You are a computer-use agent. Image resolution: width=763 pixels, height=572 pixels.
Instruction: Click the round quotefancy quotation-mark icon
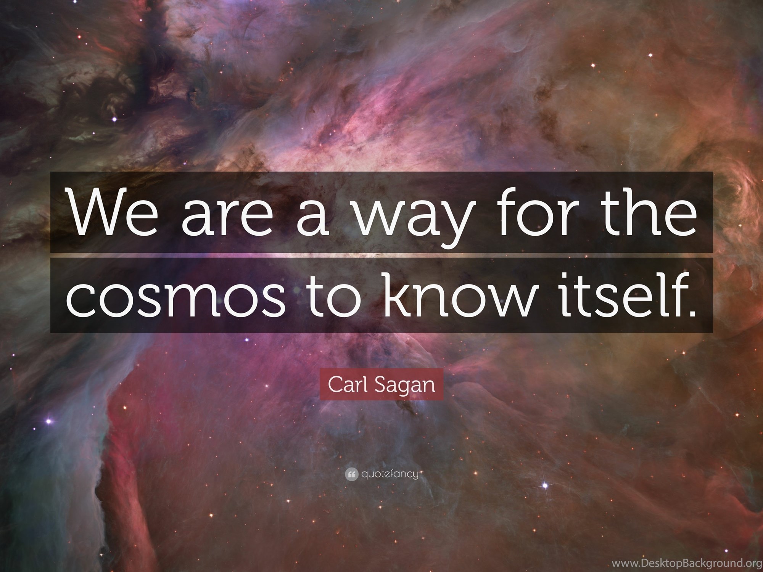(351, 475)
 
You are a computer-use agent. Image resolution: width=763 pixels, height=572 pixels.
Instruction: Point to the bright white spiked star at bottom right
(545, 485)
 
